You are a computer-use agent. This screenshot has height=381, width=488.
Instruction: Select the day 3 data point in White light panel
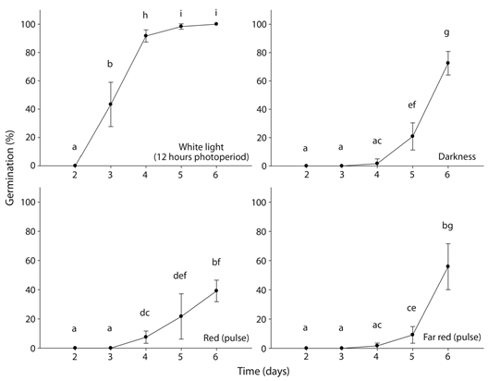point(110,104)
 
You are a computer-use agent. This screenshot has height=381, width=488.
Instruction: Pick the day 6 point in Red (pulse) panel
point(216,290)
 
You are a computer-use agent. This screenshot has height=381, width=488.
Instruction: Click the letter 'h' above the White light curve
point(145,16)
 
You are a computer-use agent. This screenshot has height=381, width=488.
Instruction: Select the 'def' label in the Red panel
point(180,276)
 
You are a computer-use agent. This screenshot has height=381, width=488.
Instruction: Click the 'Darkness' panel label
point(457,157)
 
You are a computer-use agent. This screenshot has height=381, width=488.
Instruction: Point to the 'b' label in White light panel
point(110,64)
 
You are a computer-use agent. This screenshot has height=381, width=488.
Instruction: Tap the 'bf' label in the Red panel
point(216,262)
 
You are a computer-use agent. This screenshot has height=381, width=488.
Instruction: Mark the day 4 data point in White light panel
point(145,35)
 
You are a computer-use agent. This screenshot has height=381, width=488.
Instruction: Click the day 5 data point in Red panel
point(181,316)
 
